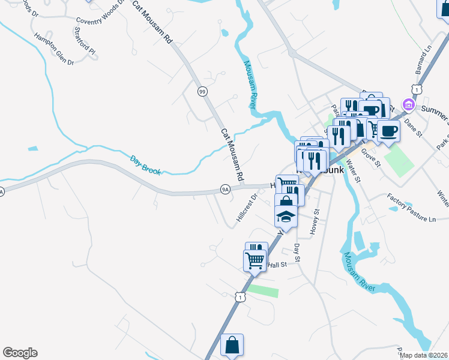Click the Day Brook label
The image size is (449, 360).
click(146, 166)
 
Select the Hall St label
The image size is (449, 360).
click(278, 265)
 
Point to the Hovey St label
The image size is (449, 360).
click(314, 221)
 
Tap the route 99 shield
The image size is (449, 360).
click(202, 91)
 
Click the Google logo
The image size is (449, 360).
click(20, 353)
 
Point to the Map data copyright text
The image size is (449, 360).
click(424, 355)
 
